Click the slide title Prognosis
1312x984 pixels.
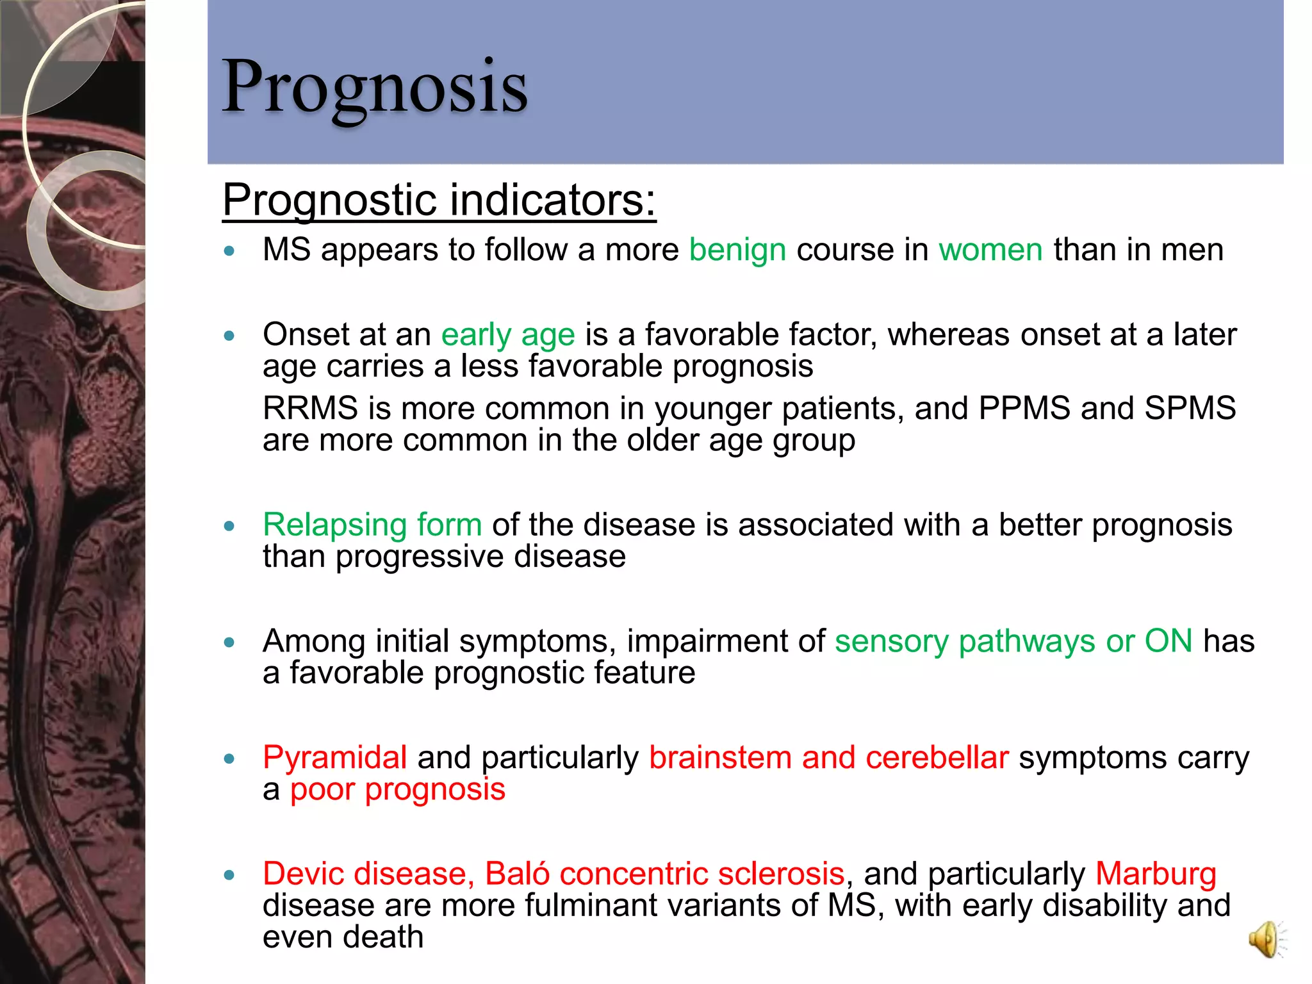(375, 86)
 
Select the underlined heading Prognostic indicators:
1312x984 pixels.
(439, 200)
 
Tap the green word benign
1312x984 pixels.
(737, 250)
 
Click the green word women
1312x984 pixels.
(990, 250)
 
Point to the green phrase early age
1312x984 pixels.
(508, 335)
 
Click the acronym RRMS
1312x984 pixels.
(310, 409)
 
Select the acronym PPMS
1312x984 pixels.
(1024, 409)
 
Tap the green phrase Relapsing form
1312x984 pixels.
(372, 525)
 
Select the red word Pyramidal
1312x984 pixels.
(335, 758)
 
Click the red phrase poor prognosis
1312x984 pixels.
(398, 789)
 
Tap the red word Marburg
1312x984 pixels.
(1156, 874)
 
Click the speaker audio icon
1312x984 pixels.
(1266, 939)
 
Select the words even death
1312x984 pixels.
(343, 937)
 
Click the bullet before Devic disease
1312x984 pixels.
(230, 875)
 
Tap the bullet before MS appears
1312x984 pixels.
(230, 251)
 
